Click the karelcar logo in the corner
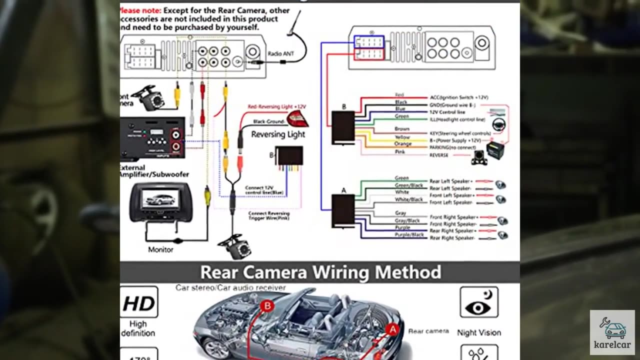[612, 332]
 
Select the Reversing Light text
[278, 134]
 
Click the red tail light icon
[297, 119]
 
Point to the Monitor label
[160, 249]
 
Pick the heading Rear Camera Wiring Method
[320, 272]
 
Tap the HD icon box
[138, 302]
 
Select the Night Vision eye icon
[478, 302]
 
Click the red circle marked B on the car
[267, 305]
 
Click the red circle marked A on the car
[393, 329]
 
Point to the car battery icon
[495, 149]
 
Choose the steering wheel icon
[498, 124]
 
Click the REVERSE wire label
[439, 155]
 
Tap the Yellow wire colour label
[402, 137]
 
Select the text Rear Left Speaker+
[450, 181]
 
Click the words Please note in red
[140, 10]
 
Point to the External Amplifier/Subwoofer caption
[153, 171]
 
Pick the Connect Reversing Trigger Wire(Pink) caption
[269, 216]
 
